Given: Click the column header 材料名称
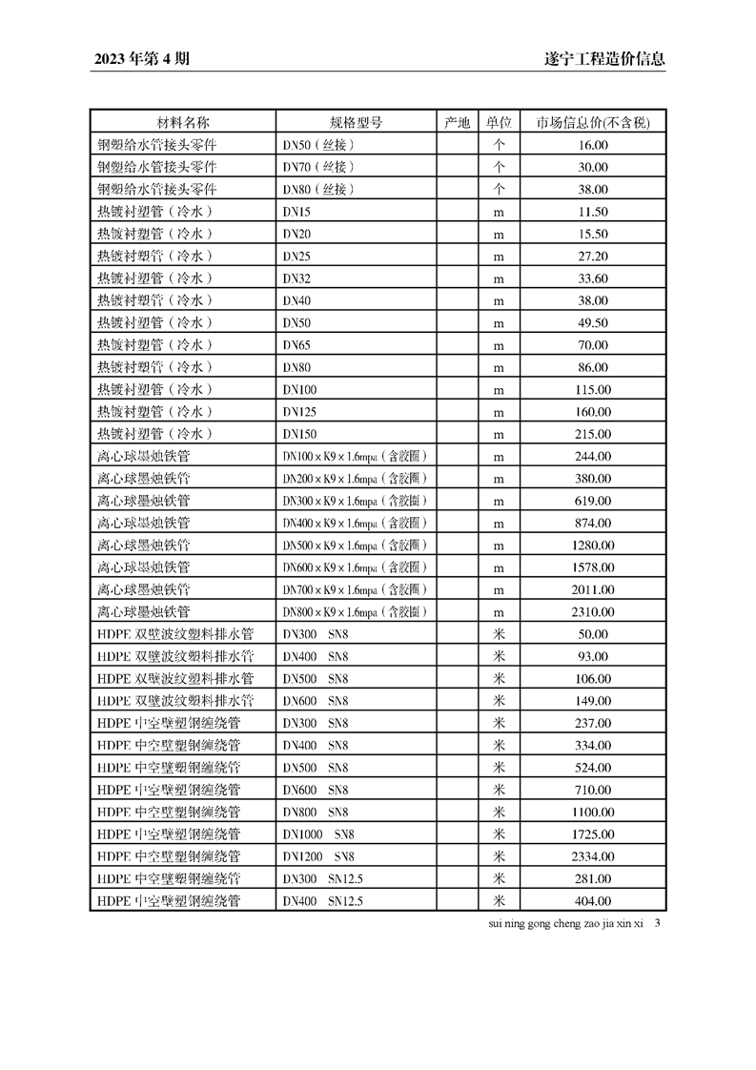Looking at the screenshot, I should coord(182,123).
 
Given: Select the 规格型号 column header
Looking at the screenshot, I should coord(356,123).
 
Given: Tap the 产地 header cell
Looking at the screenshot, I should coord(457,123).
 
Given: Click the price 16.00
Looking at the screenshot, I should coord(592,145).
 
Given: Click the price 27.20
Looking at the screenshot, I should coord(592,256).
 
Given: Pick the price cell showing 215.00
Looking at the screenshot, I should coord(592,434).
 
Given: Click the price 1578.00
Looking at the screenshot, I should coord(592,567).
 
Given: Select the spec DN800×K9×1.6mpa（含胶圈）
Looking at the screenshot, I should coord(354,612).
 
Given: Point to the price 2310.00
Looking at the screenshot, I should coord(592,612).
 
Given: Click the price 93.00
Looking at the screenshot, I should coord(592,656).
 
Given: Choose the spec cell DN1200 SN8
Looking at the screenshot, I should coord(318,856).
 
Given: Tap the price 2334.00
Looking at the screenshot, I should coord(592,856).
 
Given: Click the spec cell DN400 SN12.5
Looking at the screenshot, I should coord(322,901).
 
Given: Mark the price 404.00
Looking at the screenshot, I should coord(592,901).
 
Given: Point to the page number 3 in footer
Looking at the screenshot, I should coord(659,923).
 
